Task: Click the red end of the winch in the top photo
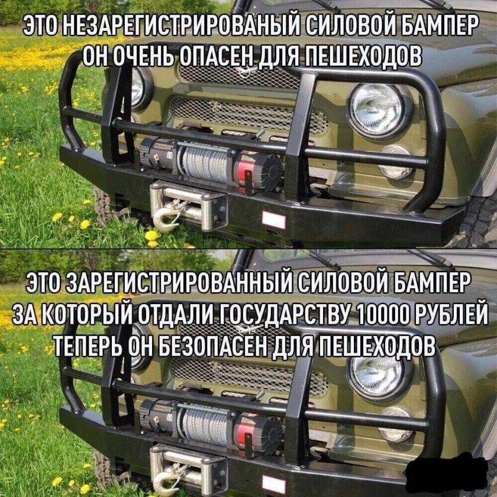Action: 242,172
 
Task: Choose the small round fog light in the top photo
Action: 395,162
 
